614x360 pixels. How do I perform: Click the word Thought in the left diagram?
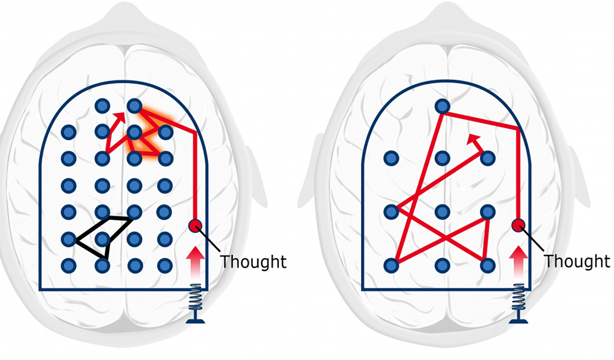pyautogui.click(x=254, y=261)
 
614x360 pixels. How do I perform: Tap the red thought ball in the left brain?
pyautogui.click(x=196, y=226)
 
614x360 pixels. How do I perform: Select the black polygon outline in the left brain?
pyautogui.click(x=103, y=237)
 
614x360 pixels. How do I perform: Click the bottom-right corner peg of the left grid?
pyautogui.click(x=164, y=265)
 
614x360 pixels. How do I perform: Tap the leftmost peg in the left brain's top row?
pyautogui.click(x=103, y=106)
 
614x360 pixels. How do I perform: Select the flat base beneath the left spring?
pyautogui.click(x=196, y=317)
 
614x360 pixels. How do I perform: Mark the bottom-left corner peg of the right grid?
pyautogui.click(x=391, y=265)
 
